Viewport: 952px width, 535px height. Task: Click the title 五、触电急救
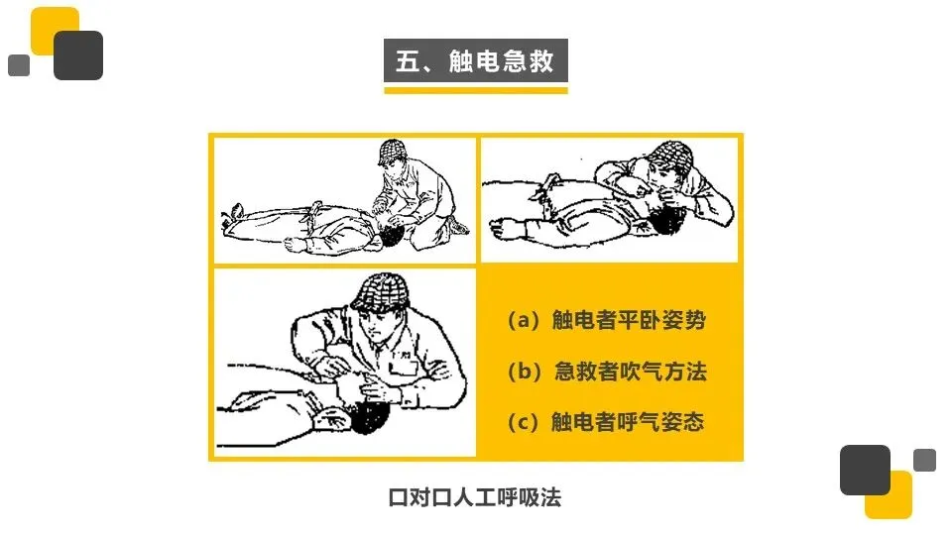[x=475, y=60]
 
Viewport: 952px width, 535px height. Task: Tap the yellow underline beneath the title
[x=475, y=90]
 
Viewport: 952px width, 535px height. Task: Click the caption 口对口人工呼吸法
[x=475, y=497]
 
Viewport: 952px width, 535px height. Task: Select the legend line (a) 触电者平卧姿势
[x=607, y=320]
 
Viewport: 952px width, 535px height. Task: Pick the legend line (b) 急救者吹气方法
[x=607, y=371]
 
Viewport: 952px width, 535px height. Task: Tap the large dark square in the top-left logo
[x=78, y=55]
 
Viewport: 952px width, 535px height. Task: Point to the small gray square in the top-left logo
[x=19, y=65]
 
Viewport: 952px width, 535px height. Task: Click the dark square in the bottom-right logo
[x=865, y=470]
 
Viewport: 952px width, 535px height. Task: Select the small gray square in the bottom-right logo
[x=924, y=460]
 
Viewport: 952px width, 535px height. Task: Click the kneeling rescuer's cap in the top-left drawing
[x=392, y=151]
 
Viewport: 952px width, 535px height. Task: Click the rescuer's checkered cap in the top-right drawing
[x=670, y=156]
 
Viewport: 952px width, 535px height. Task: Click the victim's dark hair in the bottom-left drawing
[x=370, y=417]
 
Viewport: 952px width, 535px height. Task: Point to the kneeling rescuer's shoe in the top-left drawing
[x=457, y=226]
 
